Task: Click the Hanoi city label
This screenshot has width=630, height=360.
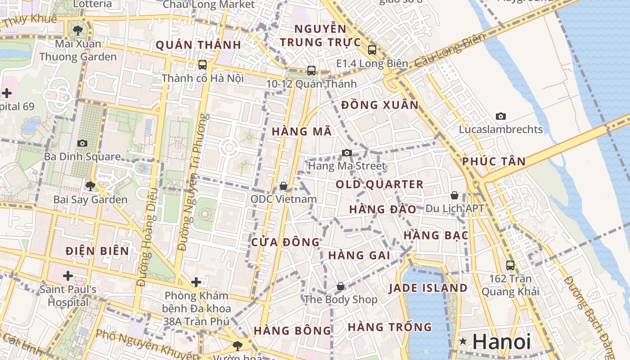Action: point(502,342)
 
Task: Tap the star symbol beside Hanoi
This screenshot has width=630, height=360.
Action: point(463,342)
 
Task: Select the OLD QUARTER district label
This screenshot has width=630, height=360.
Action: point(379,184)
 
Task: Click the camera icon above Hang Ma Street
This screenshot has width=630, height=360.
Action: point(346,153)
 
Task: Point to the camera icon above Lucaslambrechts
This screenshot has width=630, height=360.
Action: point(500,116)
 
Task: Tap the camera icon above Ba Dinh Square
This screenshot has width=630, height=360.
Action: point(82,143)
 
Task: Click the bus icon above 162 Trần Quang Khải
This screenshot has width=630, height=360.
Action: point(510,265)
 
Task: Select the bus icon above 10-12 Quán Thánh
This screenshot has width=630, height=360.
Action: point(311,70)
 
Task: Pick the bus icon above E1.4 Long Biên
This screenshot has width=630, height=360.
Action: point(372,49)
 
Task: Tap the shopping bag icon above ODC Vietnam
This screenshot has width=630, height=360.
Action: point(283,185)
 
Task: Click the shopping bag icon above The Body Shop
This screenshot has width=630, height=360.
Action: point(341,286)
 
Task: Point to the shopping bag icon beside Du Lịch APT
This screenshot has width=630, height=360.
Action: point(454,195)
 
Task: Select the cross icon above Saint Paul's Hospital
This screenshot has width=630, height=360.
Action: point(68,275)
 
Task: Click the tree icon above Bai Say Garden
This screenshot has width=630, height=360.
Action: point(90,186)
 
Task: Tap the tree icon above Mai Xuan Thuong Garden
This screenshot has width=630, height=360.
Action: point(78,31)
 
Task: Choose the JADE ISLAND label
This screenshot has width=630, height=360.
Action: point(428,288)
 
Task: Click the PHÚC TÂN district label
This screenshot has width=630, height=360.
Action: point(494,162)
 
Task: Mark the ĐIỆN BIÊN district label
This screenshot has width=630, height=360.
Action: point(97,251)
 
